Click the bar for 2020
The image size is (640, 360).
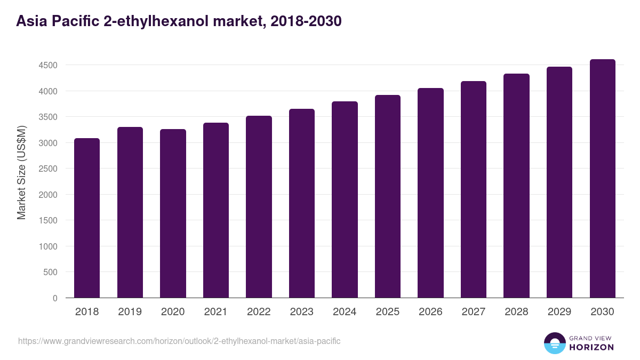(173, 213)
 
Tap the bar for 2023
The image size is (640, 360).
(302, 203)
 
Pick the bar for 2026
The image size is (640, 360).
(430, 193)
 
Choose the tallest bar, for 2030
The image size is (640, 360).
(602, 178)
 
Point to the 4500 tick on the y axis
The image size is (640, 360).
(47, 66)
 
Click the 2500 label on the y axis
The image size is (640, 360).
(47, 169)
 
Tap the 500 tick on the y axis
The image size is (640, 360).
(50, 273)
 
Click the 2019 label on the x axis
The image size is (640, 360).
(130, 312)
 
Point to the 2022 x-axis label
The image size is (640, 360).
(259, 312)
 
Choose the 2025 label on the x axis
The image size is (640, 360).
(387, 312)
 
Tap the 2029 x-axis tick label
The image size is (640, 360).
(559, 312)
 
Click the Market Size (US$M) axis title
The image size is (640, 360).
(21, 172)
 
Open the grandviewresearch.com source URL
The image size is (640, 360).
(179, 341)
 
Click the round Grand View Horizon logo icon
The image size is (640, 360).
(555, 343)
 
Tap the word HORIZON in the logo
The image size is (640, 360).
(592, 347)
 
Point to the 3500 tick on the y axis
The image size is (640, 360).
(47, 117)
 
